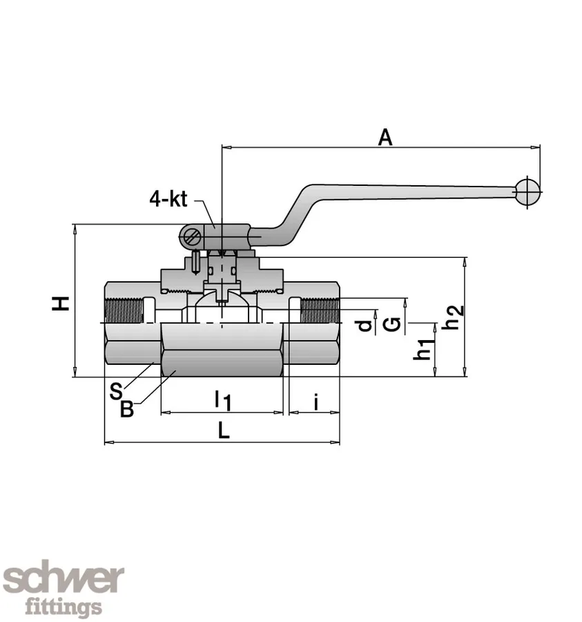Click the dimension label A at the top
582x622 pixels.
pyautogui.click(x=385, y=137)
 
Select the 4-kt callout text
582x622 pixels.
pyautogui.click(x=168, y=200)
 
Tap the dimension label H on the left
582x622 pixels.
pyautogui.click(x=62, y=303)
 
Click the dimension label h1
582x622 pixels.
pyautogui.click(x=423, y=349)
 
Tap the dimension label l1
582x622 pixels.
pyautogui.click(x=222, y=399)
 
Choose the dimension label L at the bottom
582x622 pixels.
pyautogui.click(x=222, y=431)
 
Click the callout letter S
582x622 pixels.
pyautogui.click(x=115, y=391)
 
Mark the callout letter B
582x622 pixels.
pyautogui.click(x=127, y=409)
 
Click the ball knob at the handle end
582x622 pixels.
pyautogui.click(x=528, y=192)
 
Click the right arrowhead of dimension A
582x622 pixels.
pyautogui.click(x=536, y=147)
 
